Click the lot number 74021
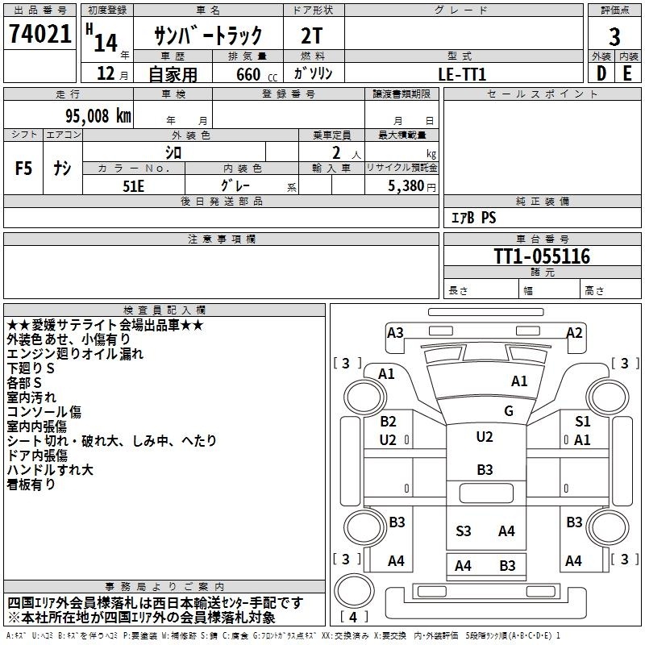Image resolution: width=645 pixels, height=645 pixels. coord(40,33)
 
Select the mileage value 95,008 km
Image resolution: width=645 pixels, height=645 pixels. coord(98,116)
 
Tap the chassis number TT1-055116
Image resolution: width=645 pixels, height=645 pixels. coord(542,256)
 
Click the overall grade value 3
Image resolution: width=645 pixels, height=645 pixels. coord(614,37)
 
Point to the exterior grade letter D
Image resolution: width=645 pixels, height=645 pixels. coord(601,73)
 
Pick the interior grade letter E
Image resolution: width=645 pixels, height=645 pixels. coord(627,73)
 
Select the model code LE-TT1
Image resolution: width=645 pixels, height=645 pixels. coord(462,74)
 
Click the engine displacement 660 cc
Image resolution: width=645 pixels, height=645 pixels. coord(256,74)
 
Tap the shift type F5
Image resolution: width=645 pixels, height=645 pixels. coord(23,168)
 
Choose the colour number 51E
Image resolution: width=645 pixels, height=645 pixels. coord(133,186)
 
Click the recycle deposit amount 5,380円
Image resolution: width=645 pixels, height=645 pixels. coord(412,186)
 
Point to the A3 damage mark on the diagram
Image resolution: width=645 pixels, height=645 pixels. coord(395,332)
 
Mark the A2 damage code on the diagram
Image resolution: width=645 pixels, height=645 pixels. coord(574,332)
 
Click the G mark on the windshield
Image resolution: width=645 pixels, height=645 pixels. coord(509,410)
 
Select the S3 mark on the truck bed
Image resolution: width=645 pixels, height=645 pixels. coord(463,531)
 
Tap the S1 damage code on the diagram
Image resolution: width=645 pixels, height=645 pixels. coord(582,421)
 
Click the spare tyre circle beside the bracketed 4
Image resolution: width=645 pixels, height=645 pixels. coord(354,590)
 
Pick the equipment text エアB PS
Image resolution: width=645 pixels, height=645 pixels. coord(474,218)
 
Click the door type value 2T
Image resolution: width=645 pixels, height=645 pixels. coord(312,35)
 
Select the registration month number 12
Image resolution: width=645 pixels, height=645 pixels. coord(106,73)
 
